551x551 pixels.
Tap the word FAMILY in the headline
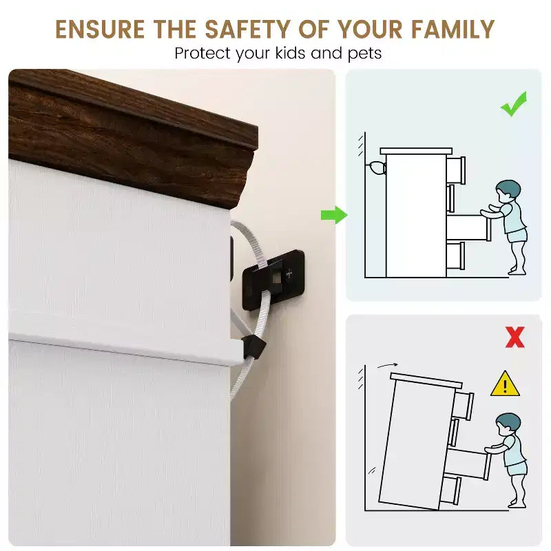453,29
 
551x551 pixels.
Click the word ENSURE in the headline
100,29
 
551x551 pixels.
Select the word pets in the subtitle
364,54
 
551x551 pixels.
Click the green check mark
514,104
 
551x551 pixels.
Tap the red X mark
514,337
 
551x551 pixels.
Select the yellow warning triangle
505,384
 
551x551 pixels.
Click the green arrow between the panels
334,215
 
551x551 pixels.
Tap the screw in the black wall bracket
289,273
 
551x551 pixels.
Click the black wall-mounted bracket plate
273,280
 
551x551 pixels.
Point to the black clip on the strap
253,347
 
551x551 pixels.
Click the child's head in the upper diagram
508,191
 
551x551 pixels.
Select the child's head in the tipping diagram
508,424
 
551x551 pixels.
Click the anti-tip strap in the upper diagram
376,168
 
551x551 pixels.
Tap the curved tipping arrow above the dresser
387,366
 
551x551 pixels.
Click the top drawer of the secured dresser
456,170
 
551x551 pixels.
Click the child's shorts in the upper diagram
517,234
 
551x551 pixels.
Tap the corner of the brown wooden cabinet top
257,131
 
